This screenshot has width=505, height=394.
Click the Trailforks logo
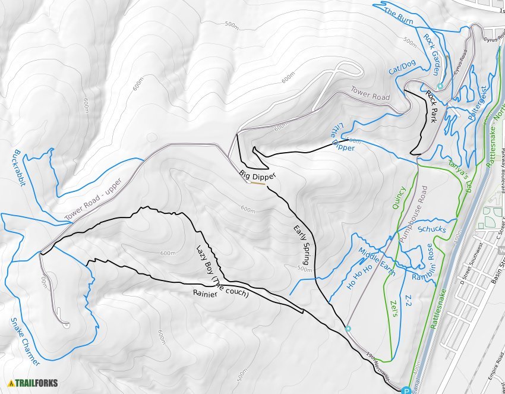(x=33, y=383)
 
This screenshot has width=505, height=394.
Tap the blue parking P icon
(x=406, y=390)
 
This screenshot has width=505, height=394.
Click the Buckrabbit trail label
(x=17, y=168)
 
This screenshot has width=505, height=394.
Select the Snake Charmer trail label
(x=26, y=342)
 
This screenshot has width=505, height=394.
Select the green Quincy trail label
(x=399, y=196)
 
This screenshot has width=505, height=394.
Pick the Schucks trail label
(x=432, y=229)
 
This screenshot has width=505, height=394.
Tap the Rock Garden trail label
(x=431, y=54)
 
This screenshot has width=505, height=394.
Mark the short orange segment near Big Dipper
(x=257, y=183)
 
